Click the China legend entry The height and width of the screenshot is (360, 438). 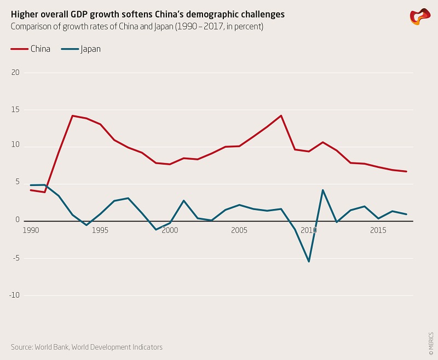coord(31,49)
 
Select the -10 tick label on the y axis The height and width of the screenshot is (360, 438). coord(14,295)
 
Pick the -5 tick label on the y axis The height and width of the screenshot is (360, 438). coord(15,258)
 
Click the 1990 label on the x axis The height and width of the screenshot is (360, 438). coord(30,230)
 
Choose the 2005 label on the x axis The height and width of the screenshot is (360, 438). coord(238,230)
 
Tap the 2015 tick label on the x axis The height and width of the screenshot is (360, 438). coord(378,230)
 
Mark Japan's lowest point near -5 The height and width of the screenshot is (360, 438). coord(309,262)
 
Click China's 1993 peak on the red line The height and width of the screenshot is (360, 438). coord(72,115)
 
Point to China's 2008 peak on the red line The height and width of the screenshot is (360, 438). coord(281,115)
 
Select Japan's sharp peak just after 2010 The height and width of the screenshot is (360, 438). coord(323,190)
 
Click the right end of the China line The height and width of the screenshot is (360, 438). coord(407,171)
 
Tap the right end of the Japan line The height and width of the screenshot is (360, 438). coord(407,214)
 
